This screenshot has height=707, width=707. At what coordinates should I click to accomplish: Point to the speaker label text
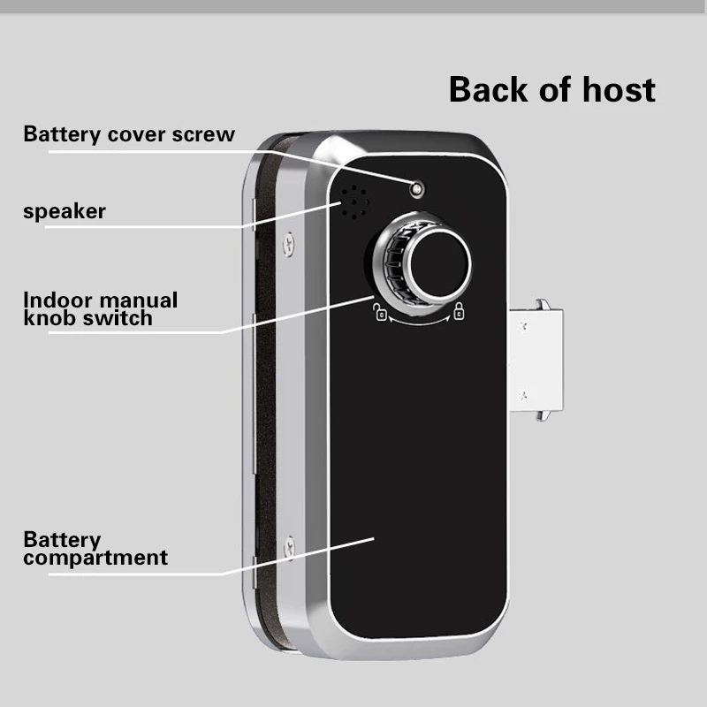coord(65,211)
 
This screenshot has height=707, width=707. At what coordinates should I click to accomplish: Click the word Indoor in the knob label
coord(57,300)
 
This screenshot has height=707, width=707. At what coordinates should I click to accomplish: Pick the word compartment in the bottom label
coord(95,558)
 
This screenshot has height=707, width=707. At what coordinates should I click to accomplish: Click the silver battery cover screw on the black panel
coord(416,187)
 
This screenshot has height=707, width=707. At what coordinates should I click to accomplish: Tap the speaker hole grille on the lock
coord(354,204)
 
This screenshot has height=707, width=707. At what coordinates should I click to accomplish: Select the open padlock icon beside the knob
coord(378,310)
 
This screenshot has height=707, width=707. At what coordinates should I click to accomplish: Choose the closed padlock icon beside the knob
coord(459,310)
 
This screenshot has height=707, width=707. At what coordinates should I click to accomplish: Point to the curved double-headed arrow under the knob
coord(418,323)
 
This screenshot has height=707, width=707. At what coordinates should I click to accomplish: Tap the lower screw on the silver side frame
coord(289,548)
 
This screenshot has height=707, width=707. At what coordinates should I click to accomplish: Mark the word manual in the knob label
coord(137,300)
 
